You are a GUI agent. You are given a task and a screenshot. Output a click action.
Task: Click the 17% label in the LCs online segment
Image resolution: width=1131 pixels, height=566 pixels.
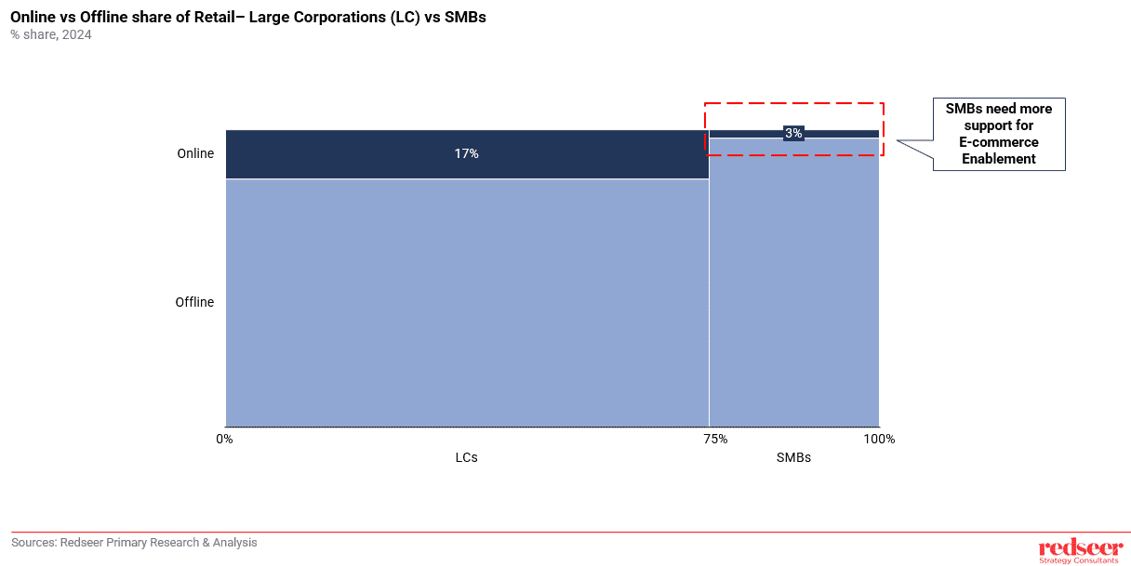[466, 153]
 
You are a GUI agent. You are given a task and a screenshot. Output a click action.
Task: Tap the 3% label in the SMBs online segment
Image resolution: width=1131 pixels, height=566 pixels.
[793, 133]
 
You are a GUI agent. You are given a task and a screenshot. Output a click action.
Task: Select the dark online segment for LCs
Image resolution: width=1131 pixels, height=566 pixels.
[353, 153]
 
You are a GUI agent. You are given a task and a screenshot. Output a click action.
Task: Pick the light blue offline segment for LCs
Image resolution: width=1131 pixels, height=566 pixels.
[466, 302]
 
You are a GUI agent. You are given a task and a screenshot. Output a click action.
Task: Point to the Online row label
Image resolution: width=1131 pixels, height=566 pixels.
[195, 153]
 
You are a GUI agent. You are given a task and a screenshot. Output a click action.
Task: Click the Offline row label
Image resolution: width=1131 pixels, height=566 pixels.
[194, 302]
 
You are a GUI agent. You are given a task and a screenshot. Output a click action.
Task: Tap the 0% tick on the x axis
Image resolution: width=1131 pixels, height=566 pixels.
[224, 439]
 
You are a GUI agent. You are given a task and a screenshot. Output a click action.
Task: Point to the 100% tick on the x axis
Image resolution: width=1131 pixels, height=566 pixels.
[879, 439]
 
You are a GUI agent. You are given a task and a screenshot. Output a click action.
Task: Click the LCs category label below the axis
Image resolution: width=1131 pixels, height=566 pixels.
[466, 457]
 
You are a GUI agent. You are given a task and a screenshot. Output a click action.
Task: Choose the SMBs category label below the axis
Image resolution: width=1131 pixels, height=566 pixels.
[793, 457]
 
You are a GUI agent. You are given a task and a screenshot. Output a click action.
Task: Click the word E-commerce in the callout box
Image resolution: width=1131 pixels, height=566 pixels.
[998, 142]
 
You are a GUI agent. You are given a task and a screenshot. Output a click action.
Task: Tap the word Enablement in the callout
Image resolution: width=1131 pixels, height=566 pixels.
[998, 159]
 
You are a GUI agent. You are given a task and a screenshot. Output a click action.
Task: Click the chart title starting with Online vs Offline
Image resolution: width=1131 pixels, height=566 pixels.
[247, 17]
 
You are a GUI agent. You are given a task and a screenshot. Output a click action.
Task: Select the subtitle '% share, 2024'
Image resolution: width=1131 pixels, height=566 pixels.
[51, 35]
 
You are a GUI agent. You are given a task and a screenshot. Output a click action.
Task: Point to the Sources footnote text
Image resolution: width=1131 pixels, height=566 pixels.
[134, 543]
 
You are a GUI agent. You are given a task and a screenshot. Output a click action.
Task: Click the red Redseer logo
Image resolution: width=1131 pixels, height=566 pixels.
[1079, 548]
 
